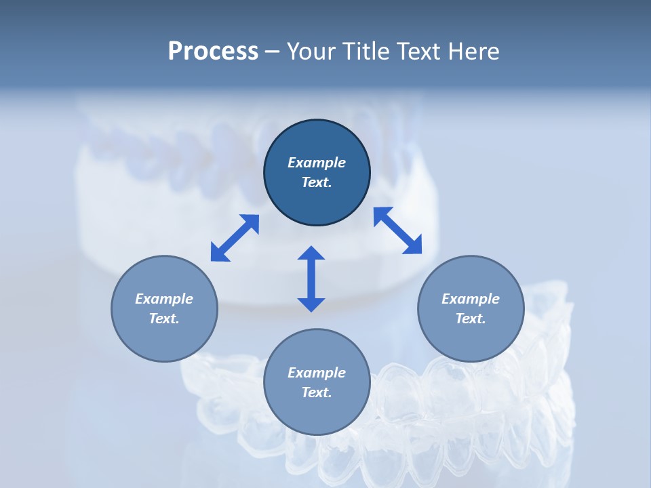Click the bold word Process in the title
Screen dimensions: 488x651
point(213,52)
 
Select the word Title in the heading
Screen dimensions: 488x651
point(365,52)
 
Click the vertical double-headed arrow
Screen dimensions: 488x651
point(311,279)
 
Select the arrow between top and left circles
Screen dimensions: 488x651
point(235,238)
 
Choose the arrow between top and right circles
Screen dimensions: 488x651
point(397,230)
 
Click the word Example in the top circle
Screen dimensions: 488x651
point(317,163)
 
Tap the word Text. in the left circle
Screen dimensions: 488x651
point(164,319)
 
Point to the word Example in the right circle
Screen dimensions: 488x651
point(471,299)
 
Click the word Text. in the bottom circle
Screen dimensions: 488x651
point(317,392)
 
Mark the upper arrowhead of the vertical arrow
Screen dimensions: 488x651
point(311,254)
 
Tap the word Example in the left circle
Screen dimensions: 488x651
point(164,299)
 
